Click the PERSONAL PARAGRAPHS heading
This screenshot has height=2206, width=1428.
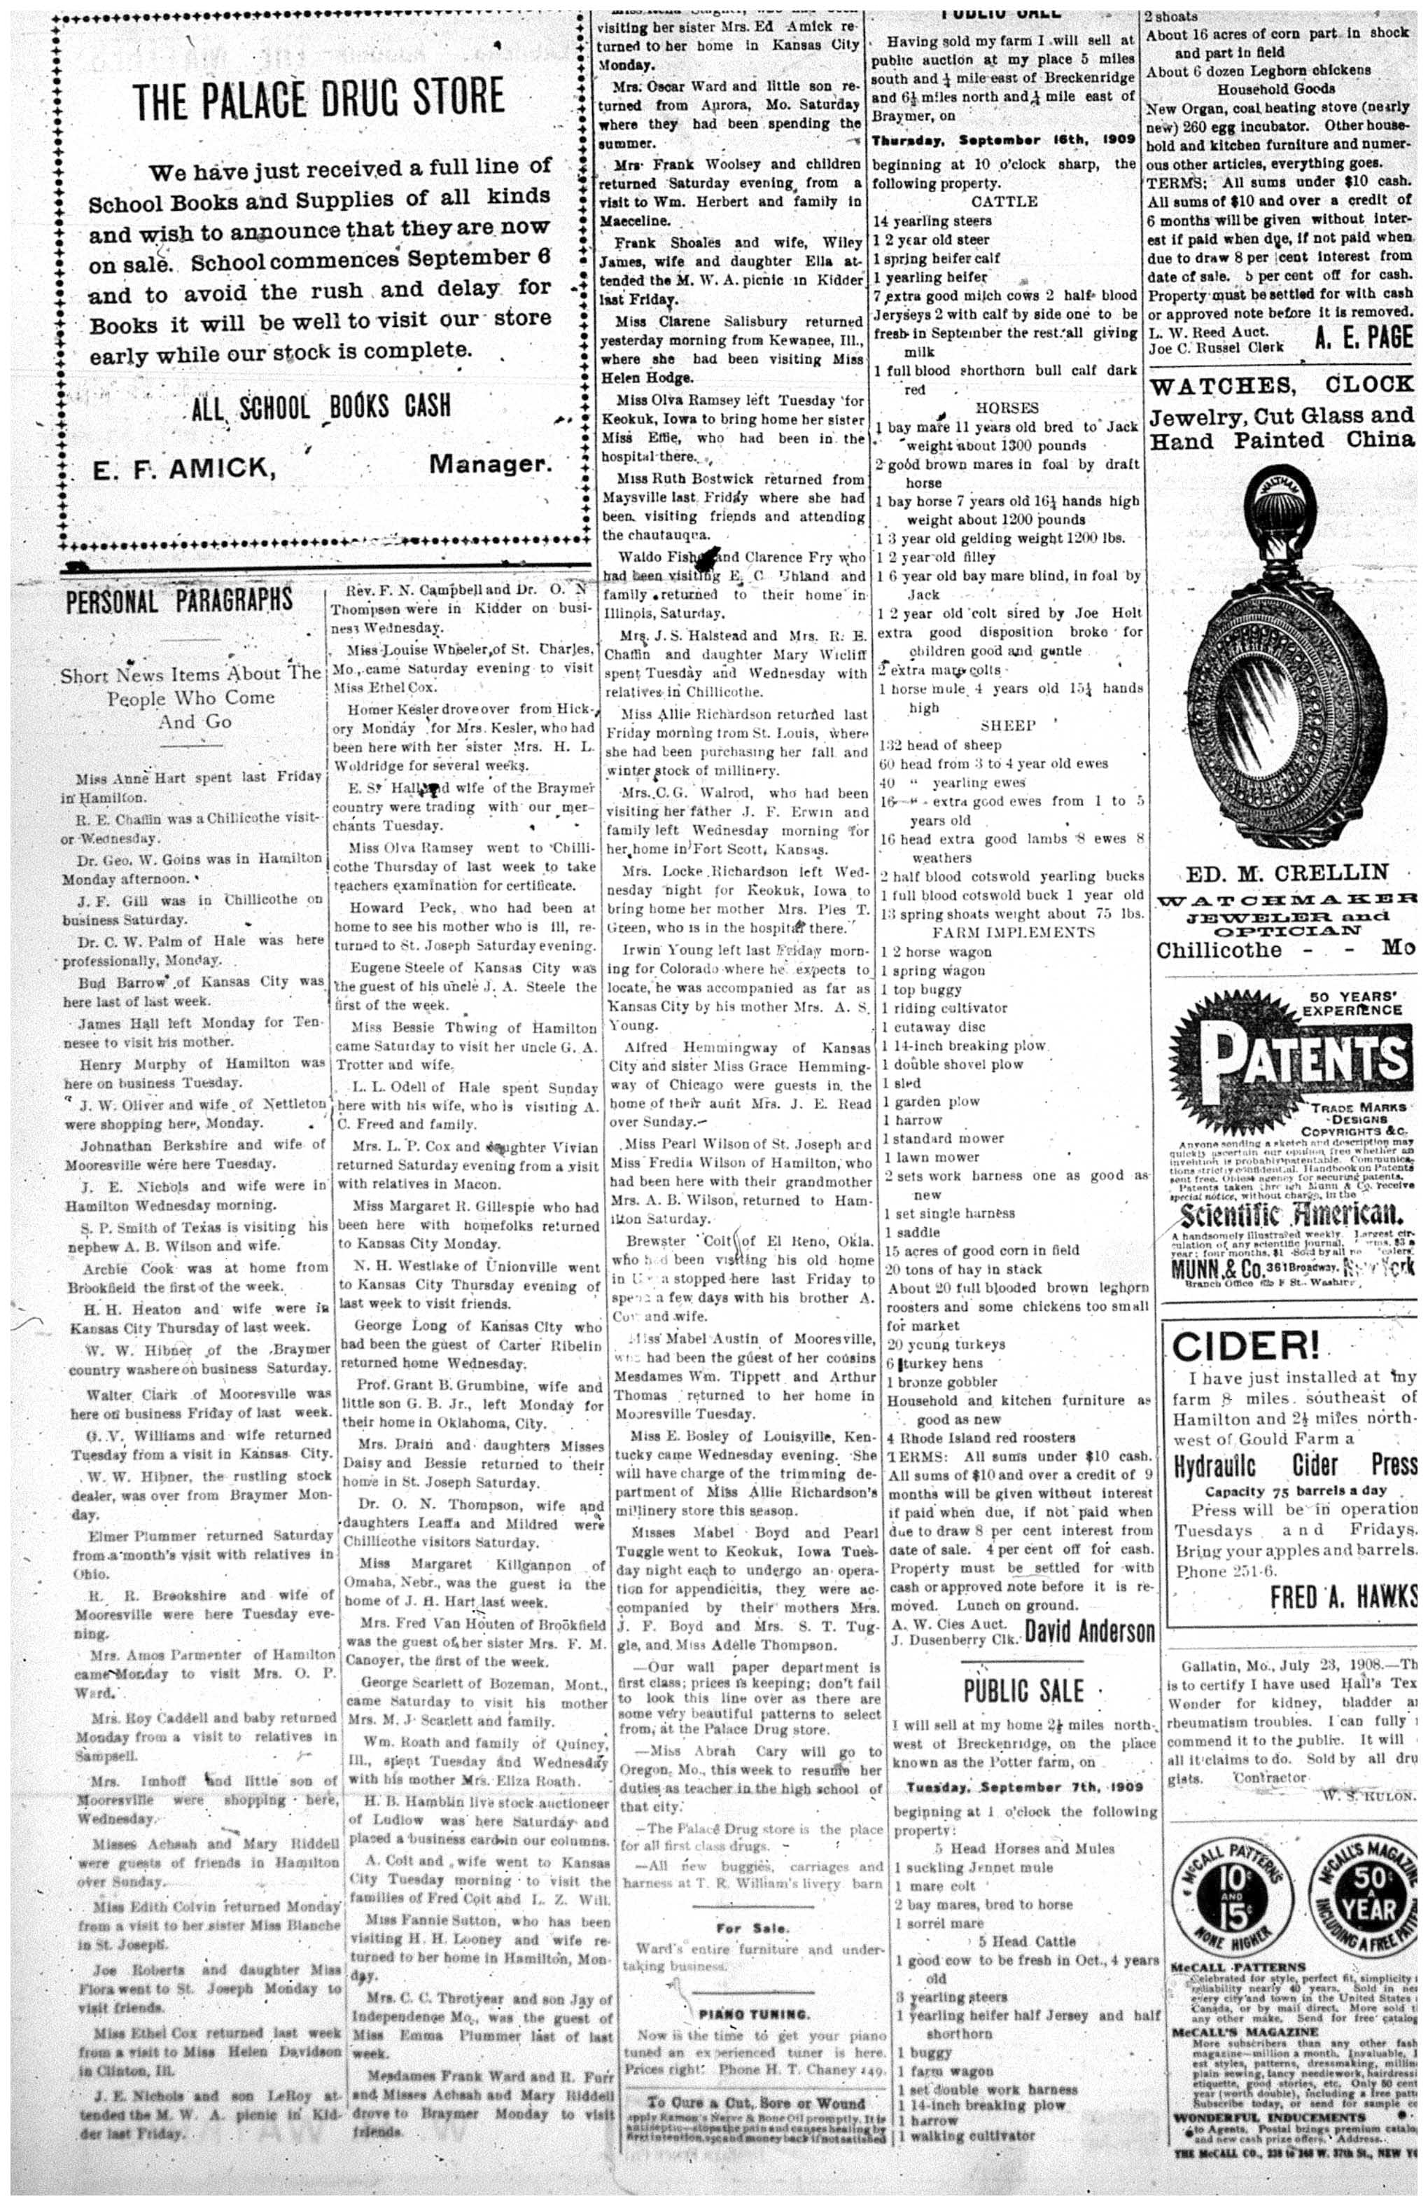[x=178, y=602]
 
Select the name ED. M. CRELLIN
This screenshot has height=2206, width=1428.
[x=1286, y=872]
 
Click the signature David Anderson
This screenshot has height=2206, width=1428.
[x=1090, y=1630]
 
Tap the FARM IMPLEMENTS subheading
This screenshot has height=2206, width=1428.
[x=1013, y=931]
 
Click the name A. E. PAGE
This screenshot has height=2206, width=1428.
[x=1363, y=338]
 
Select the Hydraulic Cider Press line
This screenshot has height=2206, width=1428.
[x=1294, y=1464]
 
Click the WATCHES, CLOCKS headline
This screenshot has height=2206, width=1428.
[x=1282, y=384]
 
